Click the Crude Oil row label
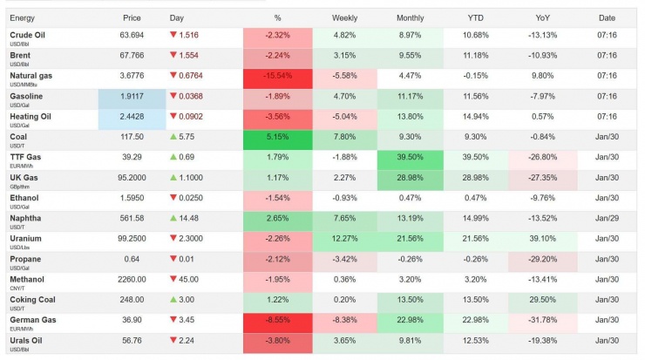[x=26, y=35]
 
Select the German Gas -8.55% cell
[x=278, y=321]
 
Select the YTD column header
[x=476, y=17]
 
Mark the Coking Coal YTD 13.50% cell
[x=476, y=300]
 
